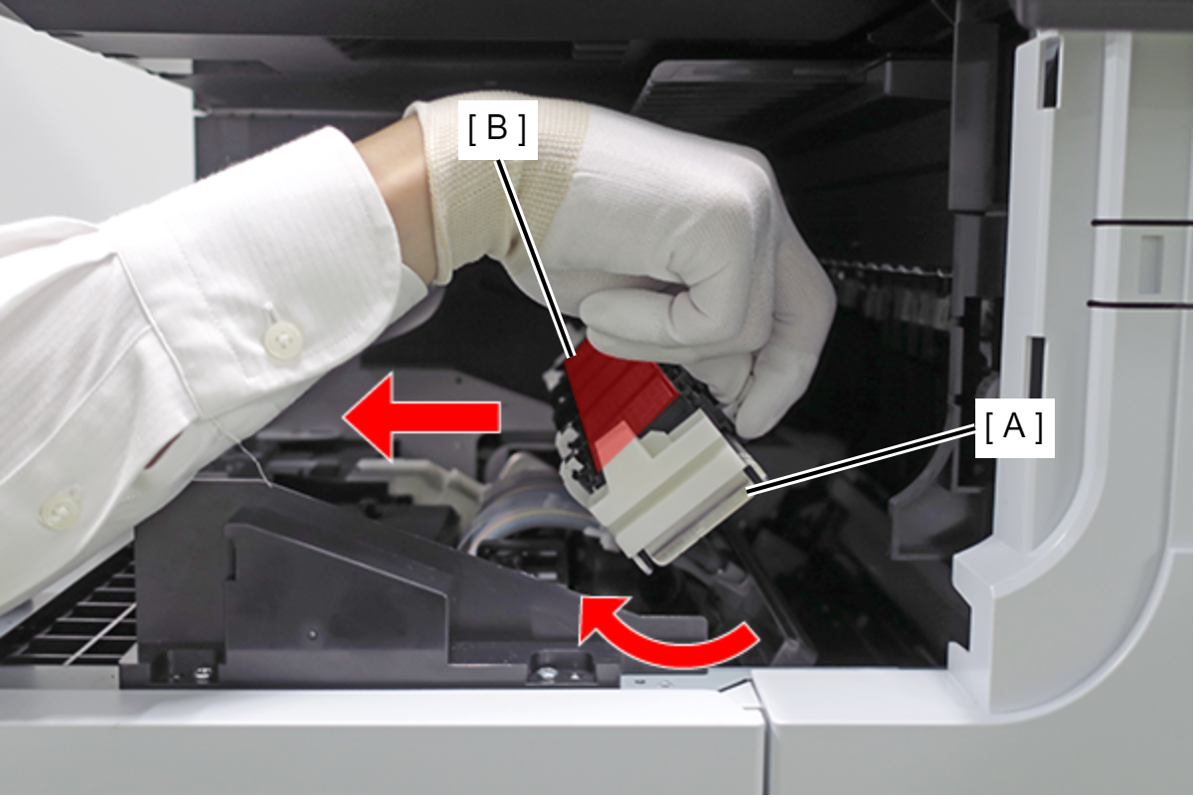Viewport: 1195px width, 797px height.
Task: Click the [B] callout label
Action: tap(497, 129)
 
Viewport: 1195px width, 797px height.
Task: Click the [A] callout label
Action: tap(1014, 427)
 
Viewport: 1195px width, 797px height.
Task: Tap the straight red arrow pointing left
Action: tap(421, 417)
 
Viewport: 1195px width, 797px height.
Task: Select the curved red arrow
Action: tap(661, 640)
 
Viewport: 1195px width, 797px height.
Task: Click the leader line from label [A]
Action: tap(863, 461)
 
